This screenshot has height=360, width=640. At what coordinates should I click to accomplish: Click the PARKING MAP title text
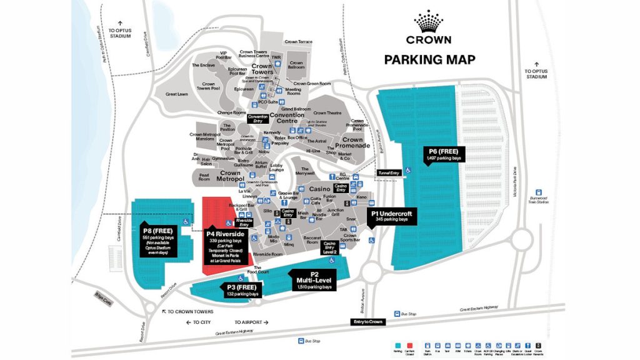pyautogui.click(x=429, y=60)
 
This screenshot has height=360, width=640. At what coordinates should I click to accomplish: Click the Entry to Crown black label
pyautogui.click(x=367, y=321)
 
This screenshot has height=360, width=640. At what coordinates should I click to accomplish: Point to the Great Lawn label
pyautogui.click(x=177, y=94)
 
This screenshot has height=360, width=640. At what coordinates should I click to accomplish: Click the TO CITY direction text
pyautogui.click(x=199, y=322)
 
